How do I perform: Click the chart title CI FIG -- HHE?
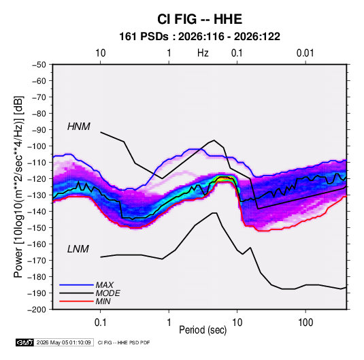point(199,19)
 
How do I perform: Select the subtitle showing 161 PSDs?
point(199,37)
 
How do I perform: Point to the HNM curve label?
point(79,127)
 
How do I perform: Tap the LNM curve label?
point(78,249)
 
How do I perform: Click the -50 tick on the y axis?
point(39,65)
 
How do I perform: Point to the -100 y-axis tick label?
point(37,146)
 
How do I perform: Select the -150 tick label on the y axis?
point(37,227)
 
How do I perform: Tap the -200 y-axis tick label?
point(37,309)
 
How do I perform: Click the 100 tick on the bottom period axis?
point(305,323)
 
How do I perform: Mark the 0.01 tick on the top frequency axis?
point(305,53)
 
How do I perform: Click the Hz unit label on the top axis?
point(203,53)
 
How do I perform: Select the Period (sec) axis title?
point(203,330)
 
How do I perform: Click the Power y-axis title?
point(18,187)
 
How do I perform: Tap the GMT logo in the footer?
point(25,342)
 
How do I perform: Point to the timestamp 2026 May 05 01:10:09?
point(63,342)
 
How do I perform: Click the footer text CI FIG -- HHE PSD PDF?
point(124,342)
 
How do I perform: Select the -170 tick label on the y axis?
point(37,261)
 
